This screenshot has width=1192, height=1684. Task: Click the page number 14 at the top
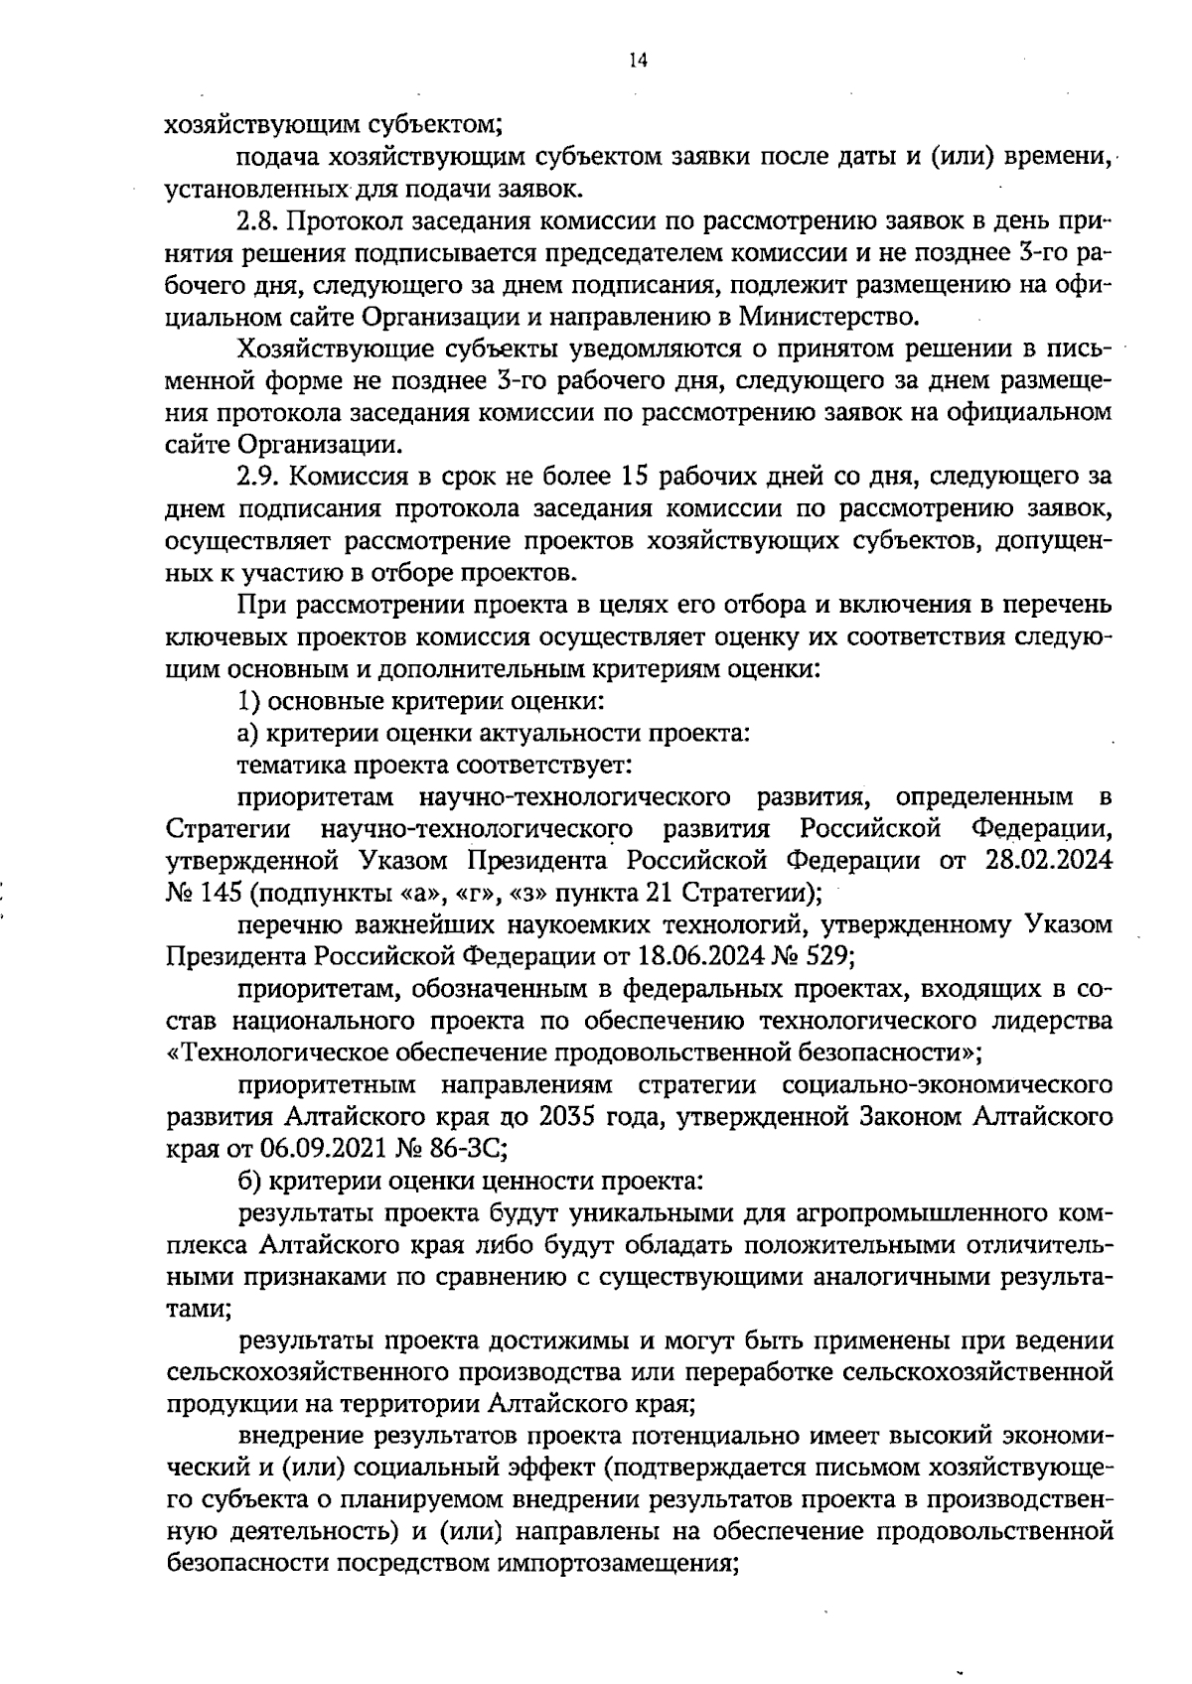[x=638, y=62]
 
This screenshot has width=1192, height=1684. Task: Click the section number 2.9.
[x=261, y=477]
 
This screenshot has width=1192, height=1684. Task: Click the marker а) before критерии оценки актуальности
[x=249, y=734]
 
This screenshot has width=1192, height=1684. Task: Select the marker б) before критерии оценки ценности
[x=249, y=1182]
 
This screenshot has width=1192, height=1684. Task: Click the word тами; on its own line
[x=199, y=1310]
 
